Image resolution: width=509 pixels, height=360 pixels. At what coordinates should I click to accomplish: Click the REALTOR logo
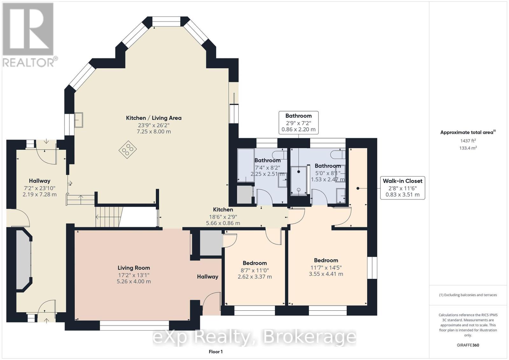click(x=28, y=35)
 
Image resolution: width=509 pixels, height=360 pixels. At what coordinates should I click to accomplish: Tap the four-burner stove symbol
click(x=128, y=149)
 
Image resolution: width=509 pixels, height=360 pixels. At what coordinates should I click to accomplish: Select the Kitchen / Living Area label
click(x=154, y=118)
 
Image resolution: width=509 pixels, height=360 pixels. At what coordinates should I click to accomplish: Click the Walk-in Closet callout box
click(x=402, y=188)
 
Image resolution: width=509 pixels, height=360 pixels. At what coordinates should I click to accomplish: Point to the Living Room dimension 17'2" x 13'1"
click(x=134, y=275)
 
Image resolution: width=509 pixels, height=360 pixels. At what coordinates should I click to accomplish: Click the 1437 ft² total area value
click(x=468, y=141)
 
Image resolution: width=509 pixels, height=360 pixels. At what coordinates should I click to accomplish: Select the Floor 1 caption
click(x=216, y=352)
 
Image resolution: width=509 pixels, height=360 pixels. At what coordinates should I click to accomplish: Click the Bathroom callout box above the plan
click(x=298, y=123)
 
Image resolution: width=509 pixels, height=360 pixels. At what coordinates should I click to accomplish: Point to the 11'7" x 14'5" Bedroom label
click(x=326, y=267)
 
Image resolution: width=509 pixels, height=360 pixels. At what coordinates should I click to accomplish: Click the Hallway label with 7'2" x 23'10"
click(x=39, y=188)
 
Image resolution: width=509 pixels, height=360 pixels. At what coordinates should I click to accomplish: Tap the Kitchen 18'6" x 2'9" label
click(x=223, y=216)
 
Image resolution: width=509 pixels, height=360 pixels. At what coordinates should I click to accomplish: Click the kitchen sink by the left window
click(x=79, y=120)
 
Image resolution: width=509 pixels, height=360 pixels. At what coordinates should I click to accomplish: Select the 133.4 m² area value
click(x=468, y=148)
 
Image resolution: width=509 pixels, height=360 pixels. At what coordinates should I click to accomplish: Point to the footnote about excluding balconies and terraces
click(x=468, y=295)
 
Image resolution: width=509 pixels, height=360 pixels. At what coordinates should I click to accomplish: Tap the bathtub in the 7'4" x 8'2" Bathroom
click(x=246, y=165)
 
